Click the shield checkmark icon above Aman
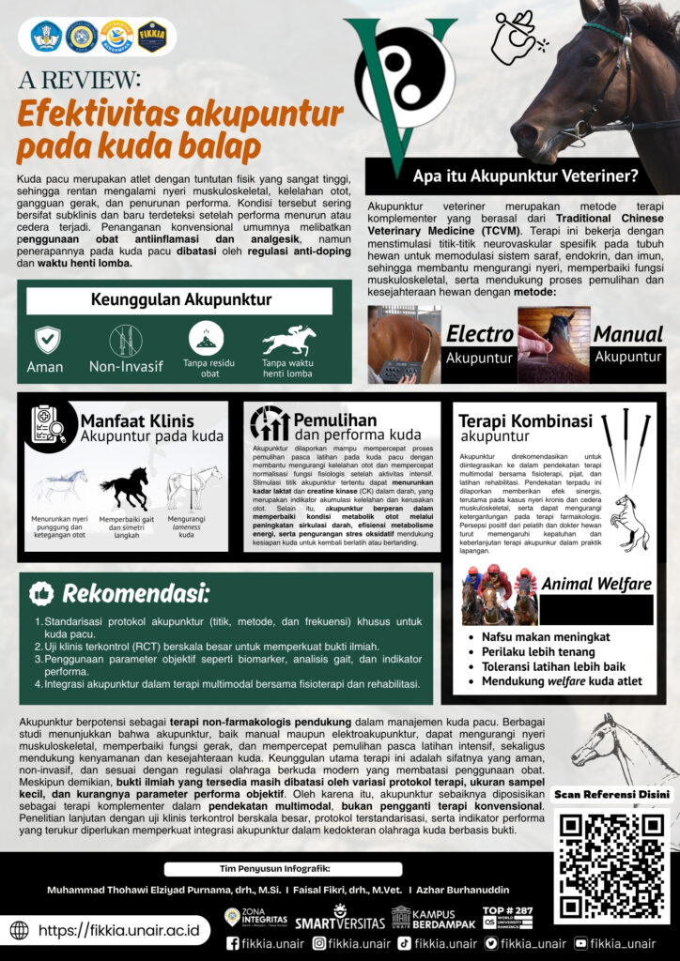[x=47, y=339]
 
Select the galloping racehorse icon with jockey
[x=288, y=340]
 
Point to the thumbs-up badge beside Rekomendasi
[x=40, y=593]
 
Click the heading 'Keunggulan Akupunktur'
[x=179, y=300]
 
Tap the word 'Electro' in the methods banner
[x=480, y=334]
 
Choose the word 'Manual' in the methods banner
[x=627, y=334]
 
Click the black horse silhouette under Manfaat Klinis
[x=124, y=488]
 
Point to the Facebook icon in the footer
[x=232, y=943]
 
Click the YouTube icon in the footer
[x=580, y=943]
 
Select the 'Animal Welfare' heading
[x=596, y=584]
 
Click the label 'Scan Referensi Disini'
[x=611, y=794]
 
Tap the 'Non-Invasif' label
[x=127, y=367]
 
